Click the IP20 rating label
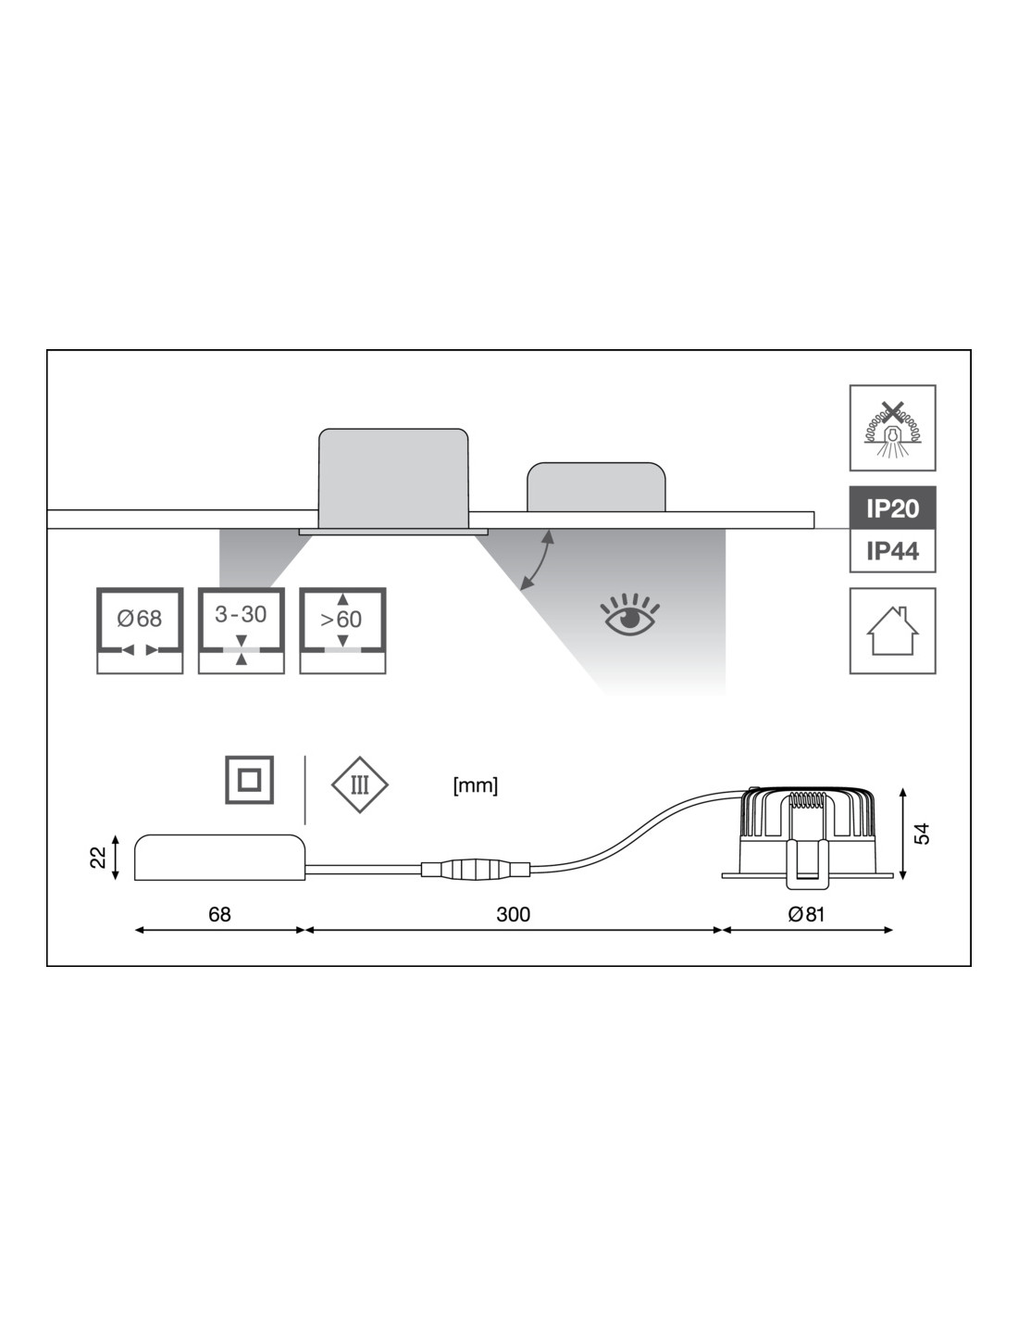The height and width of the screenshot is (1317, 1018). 892,508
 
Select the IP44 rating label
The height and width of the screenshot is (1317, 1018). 892,551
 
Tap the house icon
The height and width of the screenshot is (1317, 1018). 892,631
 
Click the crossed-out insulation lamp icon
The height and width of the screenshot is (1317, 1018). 892,428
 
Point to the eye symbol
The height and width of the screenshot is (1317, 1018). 631,615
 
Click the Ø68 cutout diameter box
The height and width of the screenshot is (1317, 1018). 140,630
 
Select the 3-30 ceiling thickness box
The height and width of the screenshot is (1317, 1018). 241,630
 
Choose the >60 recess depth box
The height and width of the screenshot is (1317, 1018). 342,630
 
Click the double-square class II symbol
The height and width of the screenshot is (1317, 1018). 249,780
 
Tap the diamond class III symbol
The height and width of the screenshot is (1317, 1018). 360,785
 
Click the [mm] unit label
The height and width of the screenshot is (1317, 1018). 476,786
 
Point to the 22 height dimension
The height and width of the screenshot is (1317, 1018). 98,858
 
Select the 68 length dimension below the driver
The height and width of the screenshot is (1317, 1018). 219,915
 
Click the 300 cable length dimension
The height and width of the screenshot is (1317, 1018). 514,915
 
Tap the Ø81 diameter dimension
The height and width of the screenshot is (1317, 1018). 806,915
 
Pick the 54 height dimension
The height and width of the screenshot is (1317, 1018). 922,834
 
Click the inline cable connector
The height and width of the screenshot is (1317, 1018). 475,870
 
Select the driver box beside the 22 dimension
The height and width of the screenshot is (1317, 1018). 220,857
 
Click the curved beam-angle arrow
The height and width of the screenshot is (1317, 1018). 538,559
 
